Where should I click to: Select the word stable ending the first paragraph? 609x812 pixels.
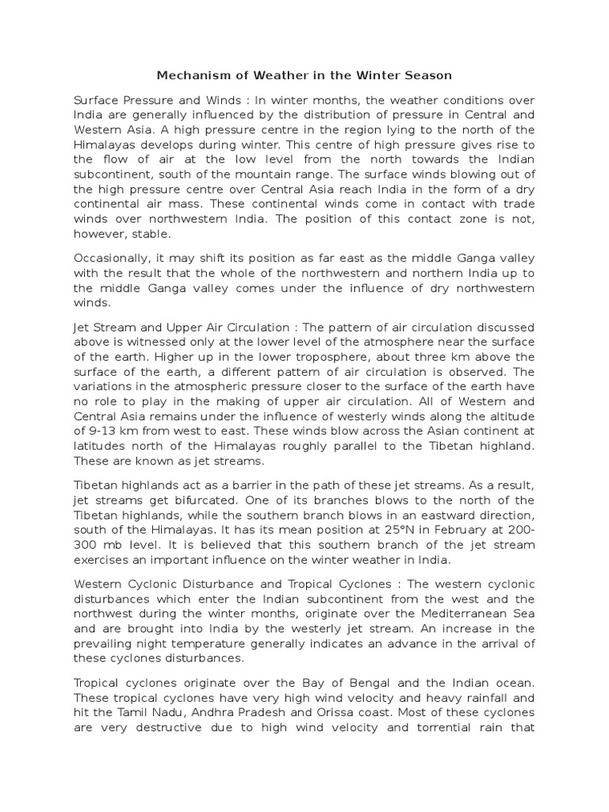(151, 235)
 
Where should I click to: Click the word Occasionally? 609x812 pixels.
(111, 259)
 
